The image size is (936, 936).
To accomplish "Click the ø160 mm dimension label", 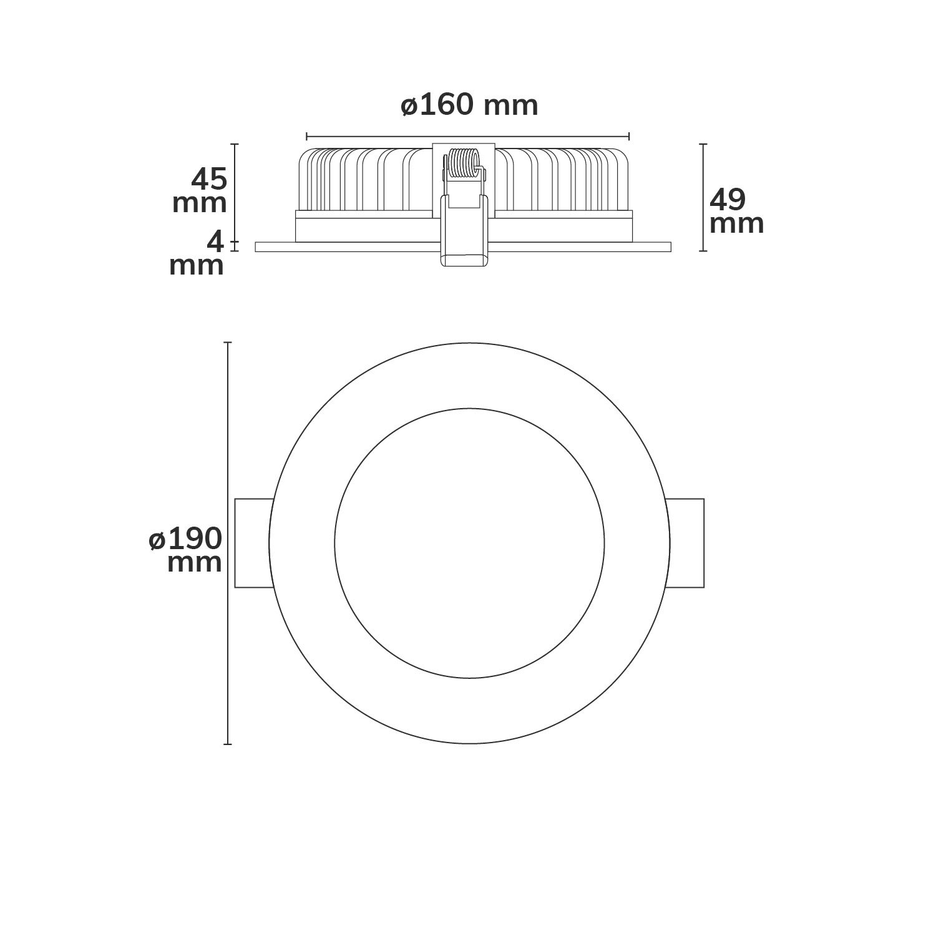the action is pos(469,105).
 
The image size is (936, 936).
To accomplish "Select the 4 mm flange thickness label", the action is pos(197,253).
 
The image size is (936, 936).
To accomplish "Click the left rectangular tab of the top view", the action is pos(253,543).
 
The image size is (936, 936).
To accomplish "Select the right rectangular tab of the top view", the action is pos(686,543).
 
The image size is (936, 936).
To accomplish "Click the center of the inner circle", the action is pos(469,543).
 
